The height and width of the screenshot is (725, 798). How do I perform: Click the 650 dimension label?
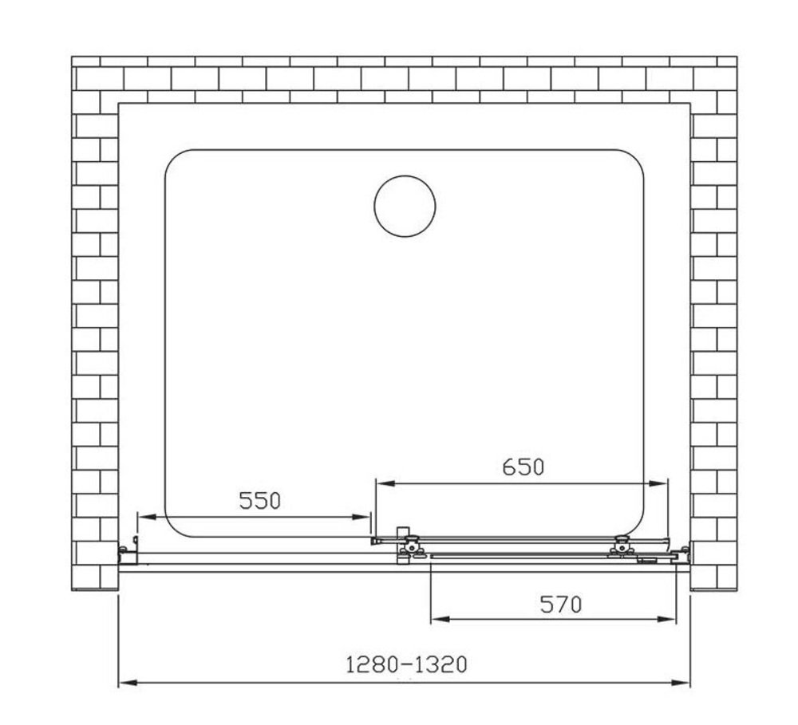[x=523, y=467]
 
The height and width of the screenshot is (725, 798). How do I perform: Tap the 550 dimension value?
[x=260, y=501]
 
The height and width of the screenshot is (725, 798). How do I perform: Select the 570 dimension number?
[x=560, y=605]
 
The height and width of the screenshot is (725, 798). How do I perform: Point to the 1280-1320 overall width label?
[x=406, y=664]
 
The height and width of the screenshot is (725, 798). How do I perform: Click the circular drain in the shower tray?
[x=405, y=206]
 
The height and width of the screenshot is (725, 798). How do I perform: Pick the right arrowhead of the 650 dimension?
[x=658, y=483]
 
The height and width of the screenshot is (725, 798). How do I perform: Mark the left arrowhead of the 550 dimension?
[x=147, y=517]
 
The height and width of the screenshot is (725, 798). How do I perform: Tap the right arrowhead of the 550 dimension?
[x=361, y=517]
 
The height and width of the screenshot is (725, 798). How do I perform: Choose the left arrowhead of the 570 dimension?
[x=440, y=619]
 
